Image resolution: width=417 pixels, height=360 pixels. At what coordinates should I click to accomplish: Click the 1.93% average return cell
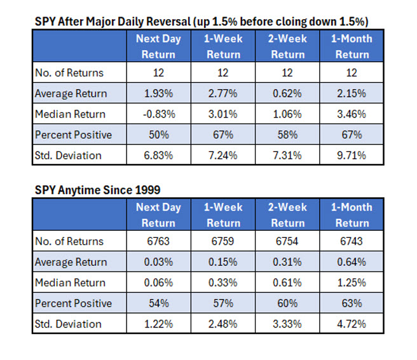(158, 93)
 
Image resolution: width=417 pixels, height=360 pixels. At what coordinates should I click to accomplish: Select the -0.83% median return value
(158, 114)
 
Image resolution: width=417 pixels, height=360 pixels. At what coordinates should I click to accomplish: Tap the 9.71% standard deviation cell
(352, 156)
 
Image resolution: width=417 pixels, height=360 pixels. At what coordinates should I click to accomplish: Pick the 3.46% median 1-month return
(352, 114)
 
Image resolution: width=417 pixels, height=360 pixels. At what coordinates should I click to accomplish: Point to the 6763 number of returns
(158, 241)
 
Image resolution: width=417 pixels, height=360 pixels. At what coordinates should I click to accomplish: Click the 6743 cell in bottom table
(352, 241)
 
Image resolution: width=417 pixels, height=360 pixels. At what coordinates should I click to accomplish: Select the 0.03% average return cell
(158, 262)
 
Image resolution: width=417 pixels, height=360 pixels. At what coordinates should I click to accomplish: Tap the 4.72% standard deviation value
(352, 324)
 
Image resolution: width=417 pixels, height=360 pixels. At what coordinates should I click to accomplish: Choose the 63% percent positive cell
(352, 303)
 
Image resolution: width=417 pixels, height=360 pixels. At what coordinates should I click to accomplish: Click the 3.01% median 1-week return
(223, 114)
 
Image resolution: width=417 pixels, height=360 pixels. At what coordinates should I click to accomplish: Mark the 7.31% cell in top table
(287, 156)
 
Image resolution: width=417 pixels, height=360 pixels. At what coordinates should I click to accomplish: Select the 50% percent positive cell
(158, 135)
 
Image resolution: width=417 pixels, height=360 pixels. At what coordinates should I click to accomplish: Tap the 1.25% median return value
(352, 283)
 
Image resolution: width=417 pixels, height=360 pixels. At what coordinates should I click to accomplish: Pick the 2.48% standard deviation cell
(223, 324)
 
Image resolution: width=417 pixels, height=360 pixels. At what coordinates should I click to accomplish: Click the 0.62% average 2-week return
(287, 93)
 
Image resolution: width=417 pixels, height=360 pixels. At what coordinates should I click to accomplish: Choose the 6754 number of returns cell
(287, 241)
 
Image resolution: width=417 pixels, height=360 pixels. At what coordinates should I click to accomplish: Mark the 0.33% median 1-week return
(223, 283)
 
